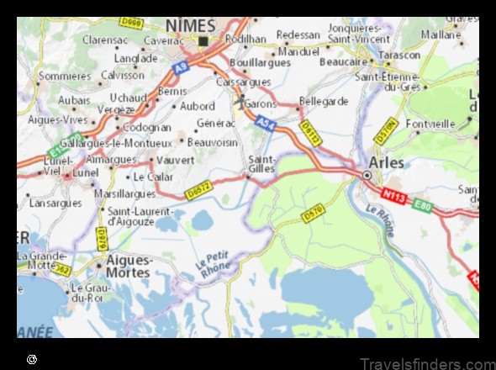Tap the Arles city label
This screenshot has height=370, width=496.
[387, 162]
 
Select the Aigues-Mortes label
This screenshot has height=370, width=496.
[128, 267]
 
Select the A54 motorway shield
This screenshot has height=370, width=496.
[266, 124]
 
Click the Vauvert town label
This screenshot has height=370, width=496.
[177, 158]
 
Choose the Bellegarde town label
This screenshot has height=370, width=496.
[324, 101]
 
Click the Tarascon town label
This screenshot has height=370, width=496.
[399, 55]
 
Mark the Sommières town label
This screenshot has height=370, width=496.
[65, 75]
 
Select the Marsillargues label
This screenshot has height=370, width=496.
[125, 193]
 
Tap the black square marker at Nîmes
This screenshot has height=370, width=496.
[203, 40]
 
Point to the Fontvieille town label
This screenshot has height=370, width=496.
[430, 124]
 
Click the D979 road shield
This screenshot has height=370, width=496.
[101, 238]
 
